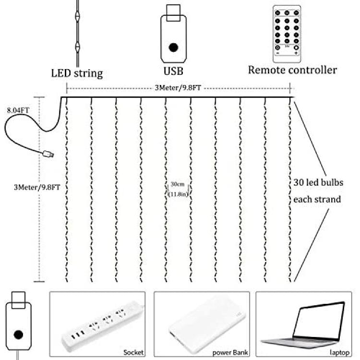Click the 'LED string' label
tap(77, 74)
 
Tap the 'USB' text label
tap(173, 71)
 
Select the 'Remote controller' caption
tap(292, 70)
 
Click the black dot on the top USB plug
tap(173, 48)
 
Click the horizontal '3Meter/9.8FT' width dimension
tap(178, 88)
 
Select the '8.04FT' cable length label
tap(18, 110)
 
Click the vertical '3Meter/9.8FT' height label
tap(37, 187)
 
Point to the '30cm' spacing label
tap(178, 184)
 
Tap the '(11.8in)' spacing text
tap(178, 194)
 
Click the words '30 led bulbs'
tap(318, 182)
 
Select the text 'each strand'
tap(317, 199)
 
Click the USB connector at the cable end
tap(48, 154)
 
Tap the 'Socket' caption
tap(133, 352)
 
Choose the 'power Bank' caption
tap(230, 352)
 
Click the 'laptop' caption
tap(339, 352)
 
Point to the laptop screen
tap(319, 321)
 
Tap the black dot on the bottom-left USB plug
tap(18, 335)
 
